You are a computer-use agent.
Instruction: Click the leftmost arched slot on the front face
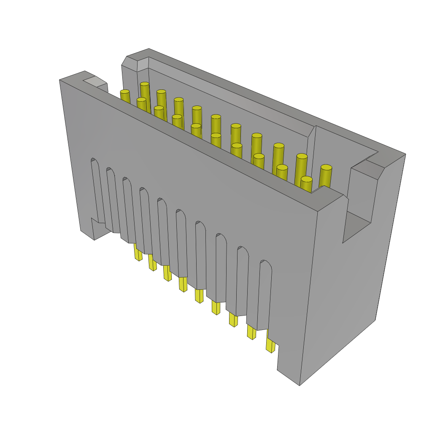click(x=96, y=190)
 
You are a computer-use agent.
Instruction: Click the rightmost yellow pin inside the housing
click(x=326, y=175)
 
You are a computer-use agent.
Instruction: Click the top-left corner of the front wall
click(x=60, y=80)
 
